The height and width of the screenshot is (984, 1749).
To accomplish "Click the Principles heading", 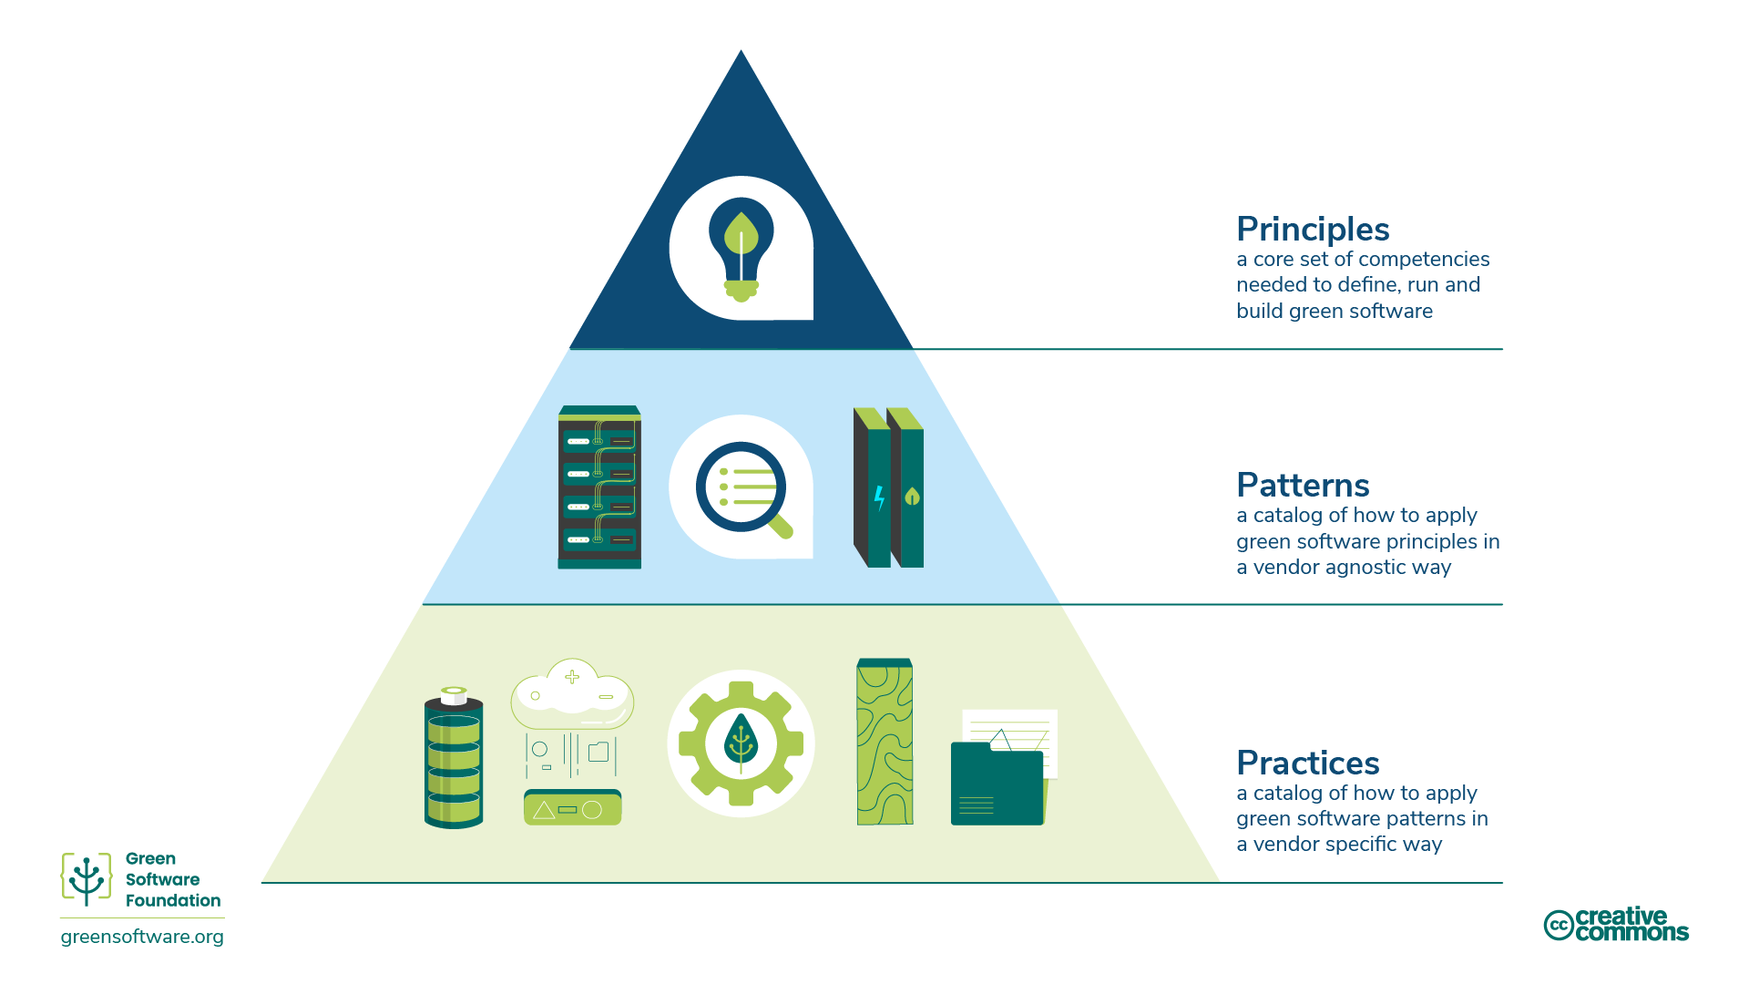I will tap(1312, 230).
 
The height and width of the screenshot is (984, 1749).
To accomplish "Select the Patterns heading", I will tap(1302, 486).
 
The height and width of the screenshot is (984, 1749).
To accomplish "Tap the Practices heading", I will tap(1307, 764).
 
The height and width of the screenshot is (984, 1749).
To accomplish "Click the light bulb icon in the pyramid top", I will tap(741, 249).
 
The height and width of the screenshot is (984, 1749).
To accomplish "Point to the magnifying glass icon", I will tap(742, 488).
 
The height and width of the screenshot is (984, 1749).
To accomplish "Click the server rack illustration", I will tap(599, 487).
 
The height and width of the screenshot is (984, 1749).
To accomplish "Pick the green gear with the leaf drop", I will tap(741, 743).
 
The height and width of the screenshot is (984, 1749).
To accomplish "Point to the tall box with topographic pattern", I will tap(885, 743).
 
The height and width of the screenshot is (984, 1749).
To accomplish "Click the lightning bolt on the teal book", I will tap(879, 497).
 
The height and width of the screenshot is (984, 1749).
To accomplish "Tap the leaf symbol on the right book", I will tap(912, 497).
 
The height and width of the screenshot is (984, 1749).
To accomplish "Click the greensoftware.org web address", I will tap(142, 938).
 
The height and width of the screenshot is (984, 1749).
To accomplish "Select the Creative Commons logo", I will tap(1615, 925).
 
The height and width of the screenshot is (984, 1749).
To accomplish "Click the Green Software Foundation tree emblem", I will tap(87, 879).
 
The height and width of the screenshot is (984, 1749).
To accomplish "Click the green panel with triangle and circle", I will tap(572, 809).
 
